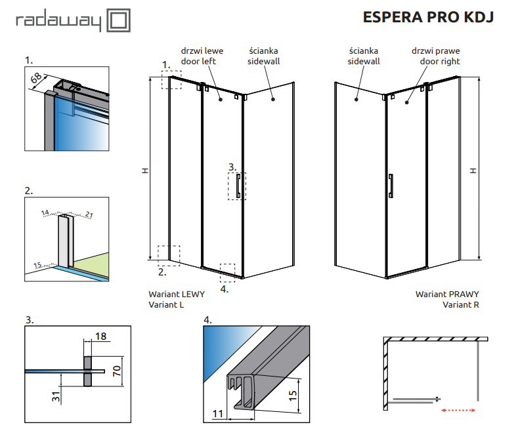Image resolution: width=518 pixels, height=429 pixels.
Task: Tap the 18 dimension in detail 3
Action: pos(100,337)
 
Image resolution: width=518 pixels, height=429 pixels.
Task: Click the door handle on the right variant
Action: pos(391,186)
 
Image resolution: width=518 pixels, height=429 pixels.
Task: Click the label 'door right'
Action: pos(440,61)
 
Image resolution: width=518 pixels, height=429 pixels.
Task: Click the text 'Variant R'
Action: pos(460,305)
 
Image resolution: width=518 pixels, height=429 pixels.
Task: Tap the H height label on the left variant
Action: pos(144,171)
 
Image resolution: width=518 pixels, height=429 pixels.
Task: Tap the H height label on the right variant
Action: pos(471,171)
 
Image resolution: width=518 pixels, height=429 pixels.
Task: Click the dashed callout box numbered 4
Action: pos(227,272)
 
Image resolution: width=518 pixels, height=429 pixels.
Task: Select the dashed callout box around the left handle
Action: pos(237,186)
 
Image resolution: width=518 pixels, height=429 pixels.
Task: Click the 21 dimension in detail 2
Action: pos(89,214)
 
